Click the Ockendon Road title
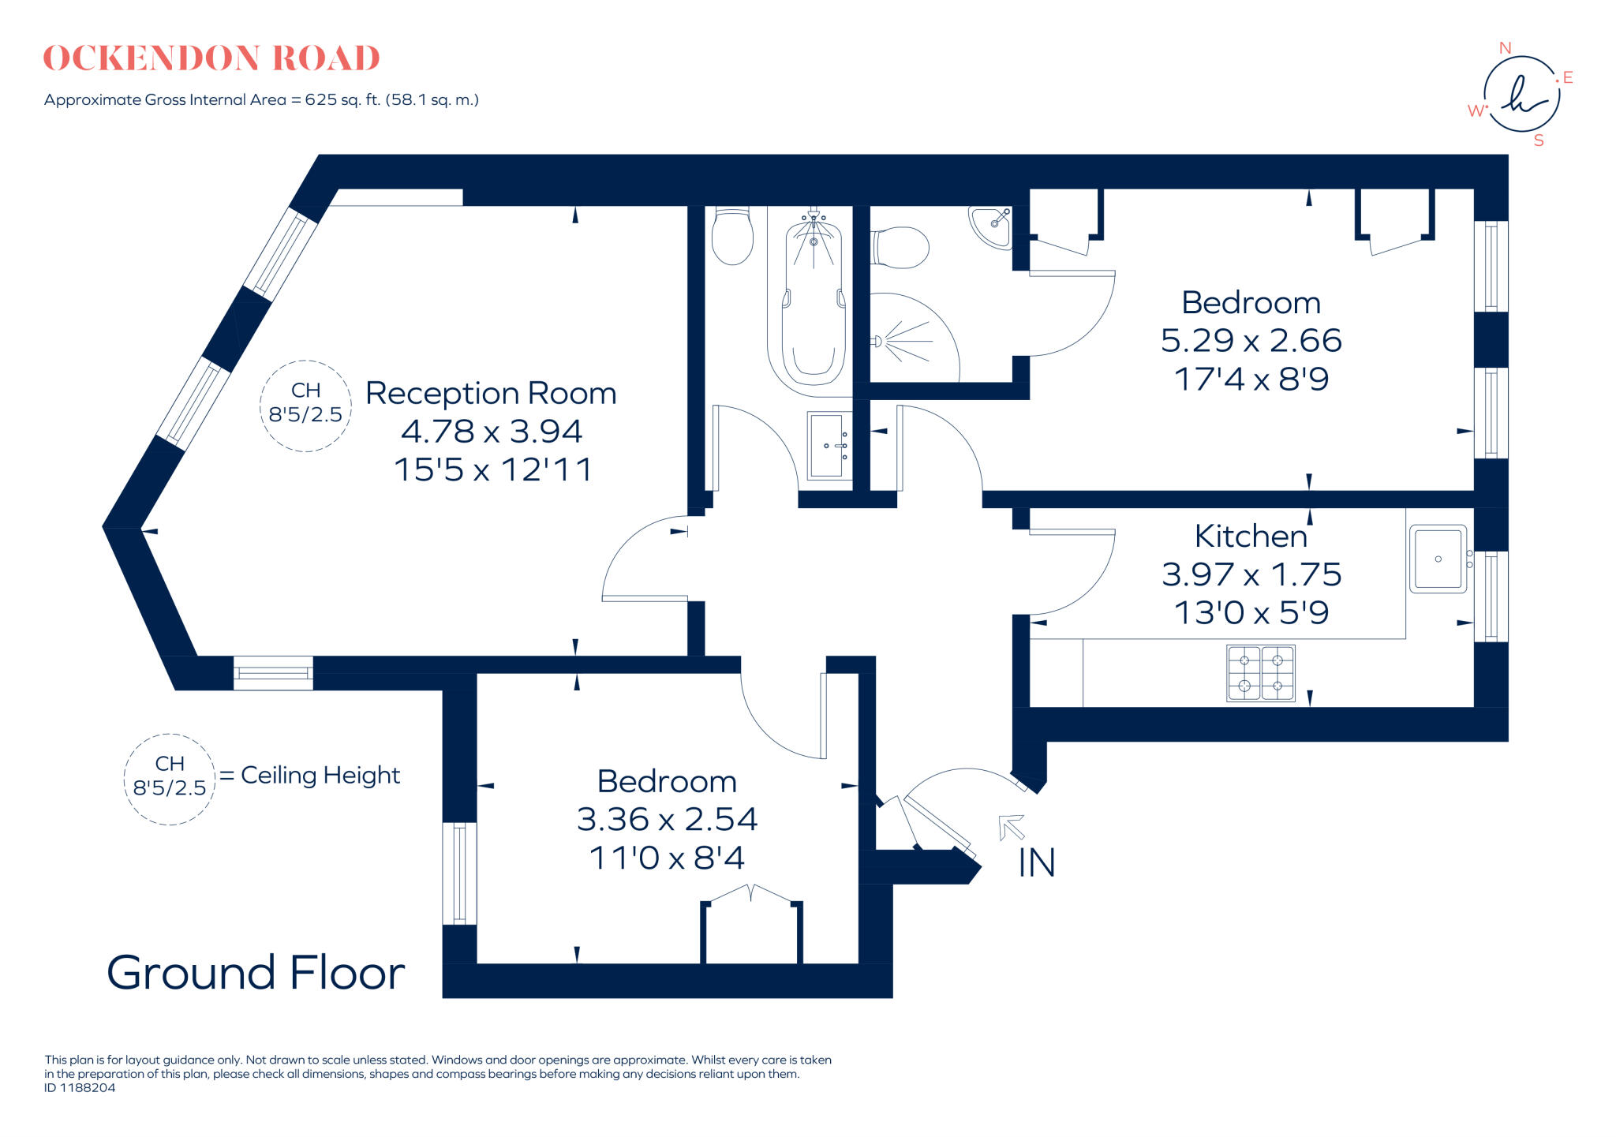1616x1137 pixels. (211, 58)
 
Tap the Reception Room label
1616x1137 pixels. (491, 393)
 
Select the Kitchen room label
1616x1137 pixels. (1251, 537)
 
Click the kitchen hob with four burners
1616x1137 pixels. (1260, 673)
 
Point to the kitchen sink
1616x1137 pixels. (1438, 559)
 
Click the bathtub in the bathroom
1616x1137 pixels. (814, 304)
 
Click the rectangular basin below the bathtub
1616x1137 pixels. (828, 446)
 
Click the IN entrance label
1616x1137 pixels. (1036, 862)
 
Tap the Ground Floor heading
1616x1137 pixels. (256, 972)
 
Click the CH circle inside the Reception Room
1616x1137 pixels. (305, 405)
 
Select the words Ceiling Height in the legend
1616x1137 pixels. (320, 775)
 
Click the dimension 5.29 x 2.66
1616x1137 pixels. (1251, 341)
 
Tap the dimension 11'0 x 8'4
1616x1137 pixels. (667, 858)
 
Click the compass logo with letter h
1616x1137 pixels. (1521, 95)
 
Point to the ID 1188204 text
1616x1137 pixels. (80, 1088)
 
